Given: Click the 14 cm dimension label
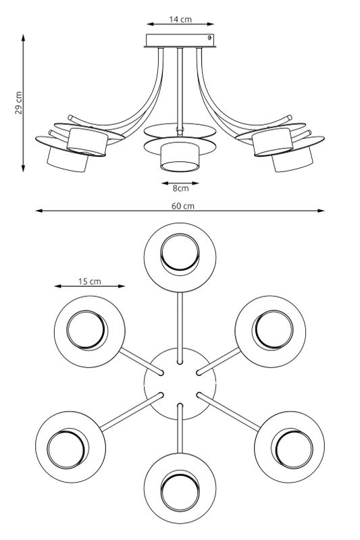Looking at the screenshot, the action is [x=180, y=20].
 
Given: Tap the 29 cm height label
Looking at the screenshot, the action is [x=19, y=103].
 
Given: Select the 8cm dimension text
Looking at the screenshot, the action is [x=180, y=188].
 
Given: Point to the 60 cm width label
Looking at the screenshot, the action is [x=183, y=206].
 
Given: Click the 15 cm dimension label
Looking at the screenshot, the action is [x=90, y=281].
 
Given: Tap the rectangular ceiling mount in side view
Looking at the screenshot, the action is [x=180, y=40].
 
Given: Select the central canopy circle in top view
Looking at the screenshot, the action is [x=180, y=383].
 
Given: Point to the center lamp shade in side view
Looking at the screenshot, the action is [x=180, y=157].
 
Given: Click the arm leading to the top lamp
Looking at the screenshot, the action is [x=180, y=327].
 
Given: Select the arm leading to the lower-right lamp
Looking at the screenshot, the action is [x=228, y=412].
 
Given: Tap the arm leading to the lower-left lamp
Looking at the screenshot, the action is [x=131, y=412].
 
